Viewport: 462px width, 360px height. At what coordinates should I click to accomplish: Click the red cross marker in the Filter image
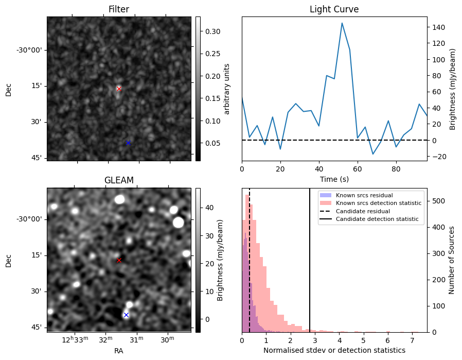point(119,89)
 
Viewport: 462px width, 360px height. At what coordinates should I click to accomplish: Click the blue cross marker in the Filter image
point(128,143)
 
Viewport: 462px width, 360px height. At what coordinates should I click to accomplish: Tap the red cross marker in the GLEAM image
point(119,261)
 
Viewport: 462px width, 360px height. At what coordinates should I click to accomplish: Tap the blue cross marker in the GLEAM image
point(126,315)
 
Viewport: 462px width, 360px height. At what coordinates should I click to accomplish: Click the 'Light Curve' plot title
point(334,9)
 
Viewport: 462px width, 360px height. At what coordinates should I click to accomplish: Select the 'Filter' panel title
point(119,9)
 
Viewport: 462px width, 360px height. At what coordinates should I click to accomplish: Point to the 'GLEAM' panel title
point(119,180)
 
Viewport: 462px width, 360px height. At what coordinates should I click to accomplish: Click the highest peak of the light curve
point(342,23)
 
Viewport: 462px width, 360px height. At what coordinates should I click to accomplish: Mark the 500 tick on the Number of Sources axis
point(437,201)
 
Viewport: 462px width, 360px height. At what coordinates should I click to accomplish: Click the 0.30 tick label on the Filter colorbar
point(213,31)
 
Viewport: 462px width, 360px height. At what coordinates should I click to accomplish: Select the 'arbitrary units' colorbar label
point(227,89)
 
